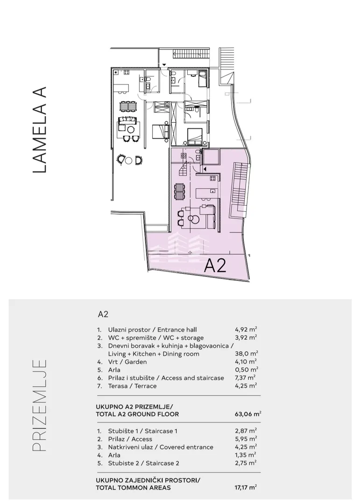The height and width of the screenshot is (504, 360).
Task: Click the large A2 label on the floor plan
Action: tap(216, 266)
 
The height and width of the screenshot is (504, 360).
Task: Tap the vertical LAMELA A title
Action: tap(40, 130)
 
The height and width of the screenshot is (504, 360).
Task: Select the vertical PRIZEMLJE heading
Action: tap(40, 406)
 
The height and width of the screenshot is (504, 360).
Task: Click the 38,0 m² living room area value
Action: tap(247, 354)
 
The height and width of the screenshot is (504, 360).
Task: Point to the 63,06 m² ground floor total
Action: tap(248, 414)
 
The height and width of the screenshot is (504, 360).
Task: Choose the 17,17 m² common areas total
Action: tap(246, 488)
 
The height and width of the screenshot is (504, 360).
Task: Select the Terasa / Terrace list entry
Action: tap(132, 386)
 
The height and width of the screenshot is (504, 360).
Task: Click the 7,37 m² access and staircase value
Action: tap(245, 378)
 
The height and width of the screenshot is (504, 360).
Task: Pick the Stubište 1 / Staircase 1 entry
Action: tap(142, 431)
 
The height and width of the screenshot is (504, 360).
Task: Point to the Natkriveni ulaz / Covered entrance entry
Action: tap(161, 447)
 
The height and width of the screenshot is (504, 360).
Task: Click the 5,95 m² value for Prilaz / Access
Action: tap(246, 439)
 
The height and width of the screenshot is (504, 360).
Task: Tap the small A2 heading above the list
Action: tap(103, 314)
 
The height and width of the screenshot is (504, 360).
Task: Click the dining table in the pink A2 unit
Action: tap(179, 192)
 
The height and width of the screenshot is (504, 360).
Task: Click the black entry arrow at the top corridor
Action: tap(164, 64)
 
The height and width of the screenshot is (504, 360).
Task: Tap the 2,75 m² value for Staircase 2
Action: tap(246, 463)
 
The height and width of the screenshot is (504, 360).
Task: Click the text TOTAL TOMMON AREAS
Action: tap(133, 488)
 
